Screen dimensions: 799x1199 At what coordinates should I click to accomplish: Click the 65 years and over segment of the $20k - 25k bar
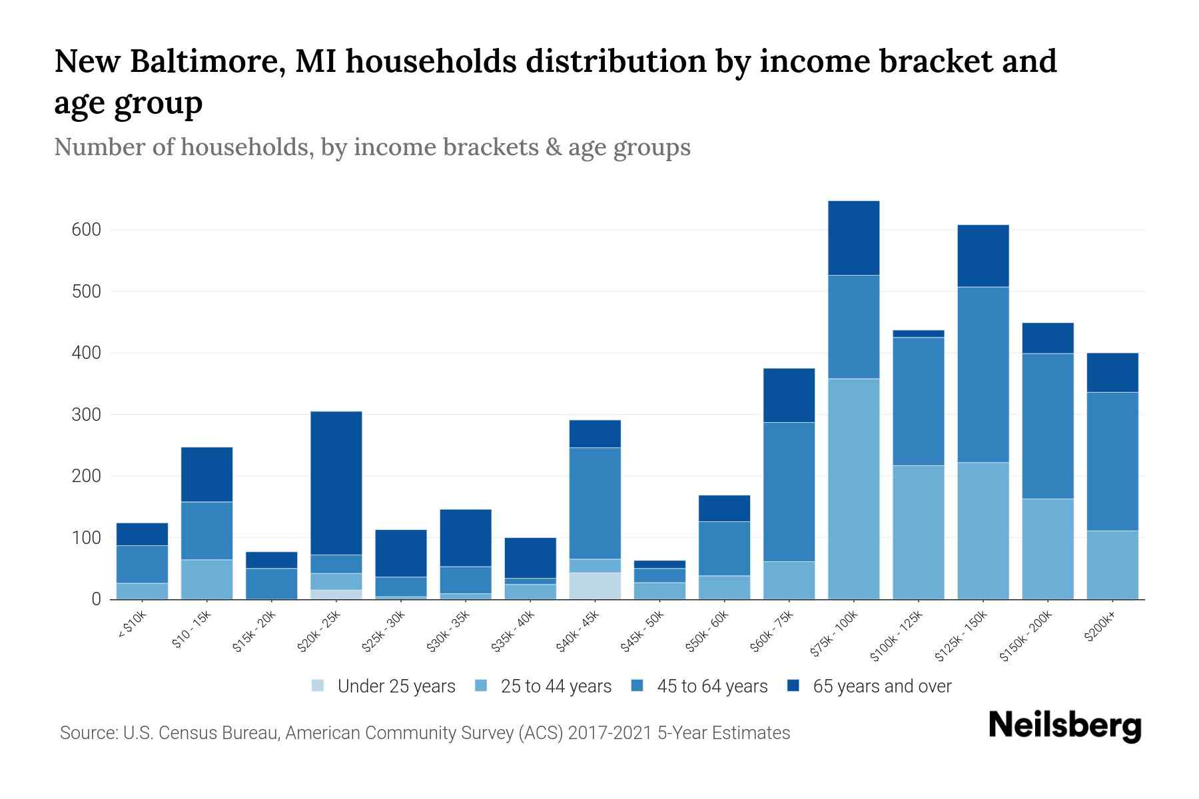click(x=336, y=483)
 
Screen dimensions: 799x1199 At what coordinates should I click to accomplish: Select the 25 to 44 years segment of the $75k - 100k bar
click(x=853, y=489)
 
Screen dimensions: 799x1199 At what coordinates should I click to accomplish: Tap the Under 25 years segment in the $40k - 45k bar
click(x=595, y=586)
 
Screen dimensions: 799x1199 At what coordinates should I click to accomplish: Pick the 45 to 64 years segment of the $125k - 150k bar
click(x=983, y=374)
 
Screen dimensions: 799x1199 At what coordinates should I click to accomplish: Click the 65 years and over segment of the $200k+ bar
click(x=1112, y=372)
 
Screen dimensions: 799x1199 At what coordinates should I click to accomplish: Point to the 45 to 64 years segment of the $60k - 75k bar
click(x=789, y=491)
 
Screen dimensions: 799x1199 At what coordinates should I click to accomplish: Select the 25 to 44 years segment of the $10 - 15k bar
click(x=207, y=579)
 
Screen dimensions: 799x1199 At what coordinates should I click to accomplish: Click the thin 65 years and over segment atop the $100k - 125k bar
click(x=918, y=334)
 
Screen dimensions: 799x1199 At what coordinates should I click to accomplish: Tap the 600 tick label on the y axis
click(x=86, y=230)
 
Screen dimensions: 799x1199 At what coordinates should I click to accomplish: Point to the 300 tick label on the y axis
click(x=86, y=415)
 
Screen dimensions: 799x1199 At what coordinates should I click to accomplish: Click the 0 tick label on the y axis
click(x=96, y=599)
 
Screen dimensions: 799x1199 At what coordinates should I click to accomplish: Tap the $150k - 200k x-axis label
click(x=1026, y=636)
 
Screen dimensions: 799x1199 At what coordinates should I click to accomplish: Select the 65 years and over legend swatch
click(x=793, y=686)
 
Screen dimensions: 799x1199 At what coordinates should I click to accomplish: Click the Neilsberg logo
click(x=1064, y=726)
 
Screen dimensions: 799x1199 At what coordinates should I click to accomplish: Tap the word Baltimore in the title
click(x=207, y=61)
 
